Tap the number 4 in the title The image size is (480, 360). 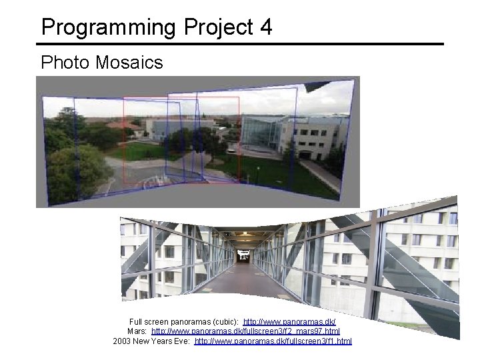pyautogui.click(x=265, y=27)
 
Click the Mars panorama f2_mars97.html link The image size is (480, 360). pyautogui.click(x=245, y=331)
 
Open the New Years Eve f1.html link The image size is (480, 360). pyautogui.click(x=273, y=341)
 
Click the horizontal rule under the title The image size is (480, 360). pyautogui.click(x=240, y=45)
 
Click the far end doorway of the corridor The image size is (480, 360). pyautogui.click(x=244, y=256)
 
